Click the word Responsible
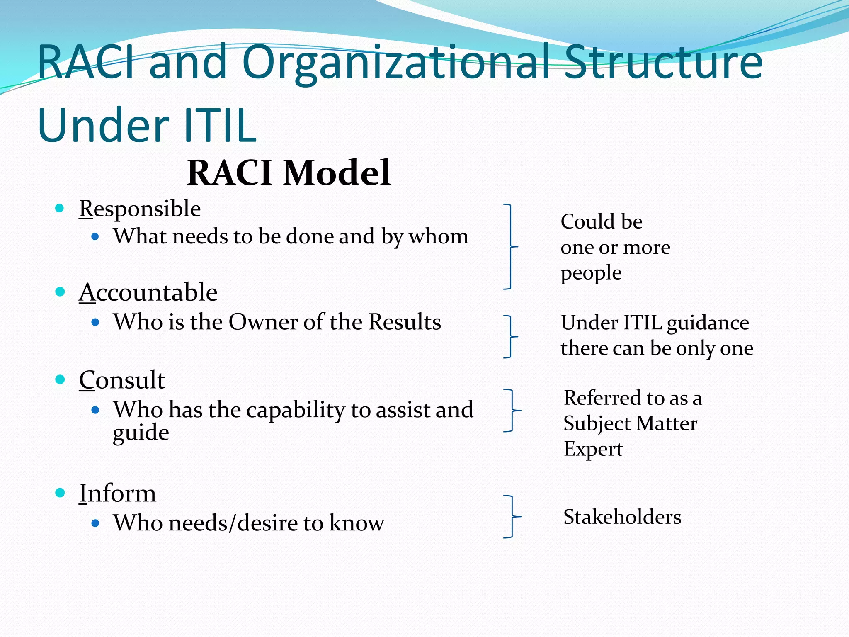point(140,209)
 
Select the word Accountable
point(148,292)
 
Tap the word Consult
point(122,380)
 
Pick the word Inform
point(117,494)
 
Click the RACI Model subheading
point(289,173)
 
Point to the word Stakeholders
point(622,517)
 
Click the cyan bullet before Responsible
point(60,208)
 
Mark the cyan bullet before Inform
point(60,493)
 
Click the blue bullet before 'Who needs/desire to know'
point(95,523)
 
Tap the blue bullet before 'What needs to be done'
point(95,237)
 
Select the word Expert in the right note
point(593,450)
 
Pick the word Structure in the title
point(663,62)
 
